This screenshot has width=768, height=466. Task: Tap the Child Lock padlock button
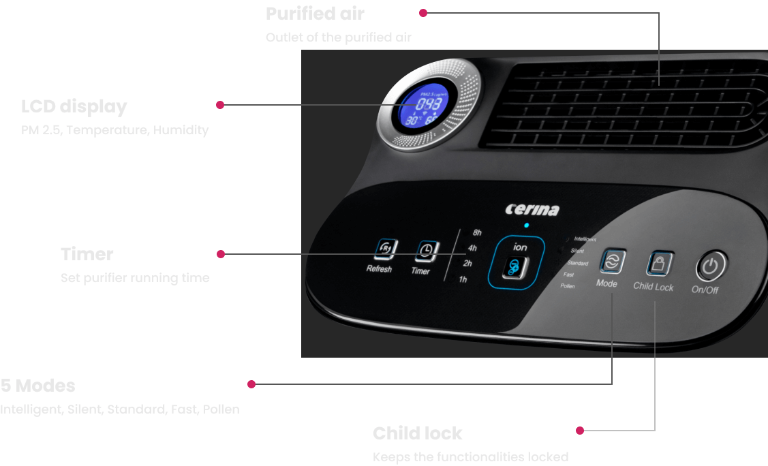tap(659, 263)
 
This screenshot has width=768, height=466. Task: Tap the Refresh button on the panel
tap(385, 249)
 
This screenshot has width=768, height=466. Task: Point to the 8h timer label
tap(477, 233)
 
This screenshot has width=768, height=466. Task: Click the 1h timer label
tap(463, 279)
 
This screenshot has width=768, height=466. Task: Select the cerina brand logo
tap(532, 209)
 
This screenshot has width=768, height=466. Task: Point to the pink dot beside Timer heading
tap(221, 254)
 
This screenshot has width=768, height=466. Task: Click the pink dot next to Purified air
tap(423, 13)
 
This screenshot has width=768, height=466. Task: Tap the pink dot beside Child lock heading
tap(580, 431)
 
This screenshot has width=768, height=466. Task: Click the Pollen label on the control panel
tap(568, 286)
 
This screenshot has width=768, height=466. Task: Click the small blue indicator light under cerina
tap(526, 225)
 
